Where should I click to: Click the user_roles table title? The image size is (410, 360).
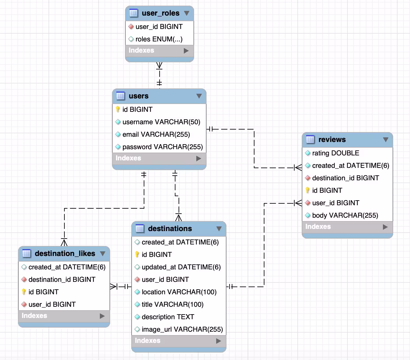(x=161, y=13)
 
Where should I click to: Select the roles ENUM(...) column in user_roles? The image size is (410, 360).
(x=159, y=39)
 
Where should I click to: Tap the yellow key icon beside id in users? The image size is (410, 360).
(x=118, y=109)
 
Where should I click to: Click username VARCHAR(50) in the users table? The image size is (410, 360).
(x=161, y=122)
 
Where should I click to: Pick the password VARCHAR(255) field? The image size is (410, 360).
(x=162, y=147)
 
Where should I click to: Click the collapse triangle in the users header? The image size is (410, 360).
(x=199, y=96)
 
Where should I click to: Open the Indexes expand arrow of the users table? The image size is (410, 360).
(x=198, y=159)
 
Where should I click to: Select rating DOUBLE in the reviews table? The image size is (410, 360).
(x=336, y=153)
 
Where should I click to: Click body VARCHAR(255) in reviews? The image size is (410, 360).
(x=345, y=216)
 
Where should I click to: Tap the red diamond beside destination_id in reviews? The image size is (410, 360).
(x=308, y=178)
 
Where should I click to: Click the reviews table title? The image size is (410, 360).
(x=332, y=140)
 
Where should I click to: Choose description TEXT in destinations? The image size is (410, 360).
(x=168, y=317)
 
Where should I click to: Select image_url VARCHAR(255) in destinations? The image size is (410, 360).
(x=182, y=329)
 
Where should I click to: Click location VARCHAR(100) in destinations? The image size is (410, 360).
(x=179, y=292)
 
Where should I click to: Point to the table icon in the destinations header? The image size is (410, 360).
(x=140, y=229)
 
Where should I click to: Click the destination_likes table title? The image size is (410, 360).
(x=65, y=253)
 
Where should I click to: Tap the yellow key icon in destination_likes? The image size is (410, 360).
(x=24, y=292)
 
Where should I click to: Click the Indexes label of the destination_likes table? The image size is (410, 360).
(x=35, y=316)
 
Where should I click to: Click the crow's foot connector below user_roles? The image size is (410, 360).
(x=159, y=65)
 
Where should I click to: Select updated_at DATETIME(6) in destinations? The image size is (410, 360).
(x=181, y=267)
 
